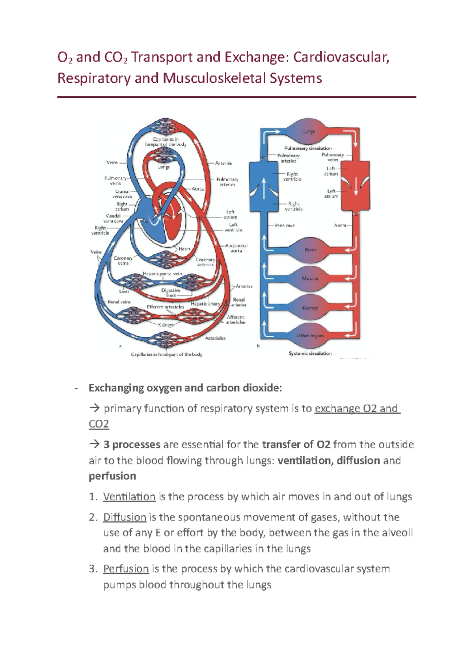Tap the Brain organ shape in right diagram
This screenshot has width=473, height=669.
(x=310, y=249)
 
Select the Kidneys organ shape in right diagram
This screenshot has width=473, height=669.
(x=310, y=308)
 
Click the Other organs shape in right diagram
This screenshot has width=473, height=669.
(x=310, y=336)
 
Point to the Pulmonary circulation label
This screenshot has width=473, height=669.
(x=308, y=148)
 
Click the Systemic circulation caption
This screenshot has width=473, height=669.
(x=310, y=353)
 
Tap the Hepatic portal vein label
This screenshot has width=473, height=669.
(x=162, y=273)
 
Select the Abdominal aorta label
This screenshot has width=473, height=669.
(x=236, y=248)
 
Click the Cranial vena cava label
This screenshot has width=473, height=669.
(x=122, y=194)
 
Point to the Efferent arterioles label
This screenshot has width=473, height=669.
(x=165, y=307)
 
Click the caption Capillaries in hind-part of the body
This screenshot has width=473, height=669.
(x=166, y=355)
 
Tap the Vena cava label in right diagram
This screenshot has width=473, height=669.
(x=284, y=225)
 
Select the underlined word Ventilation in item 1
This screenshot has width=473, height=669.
(x=129, y=496)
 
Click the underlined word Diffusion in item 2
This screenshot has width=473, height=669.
(x=125, y=517)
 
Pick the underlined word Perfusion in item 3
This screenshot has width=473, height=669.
(x=126, y=569)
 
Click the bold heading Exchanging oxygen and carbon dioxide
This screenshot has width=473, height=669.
(x=185, y=388)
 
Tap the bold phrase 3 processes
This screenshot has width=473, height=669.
(x=132, y=444)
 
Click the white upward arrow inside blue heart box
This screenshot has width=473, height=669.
(x=264, y=188)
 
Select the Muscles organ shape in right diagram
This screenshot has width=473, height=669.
(x=310, y=278)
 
